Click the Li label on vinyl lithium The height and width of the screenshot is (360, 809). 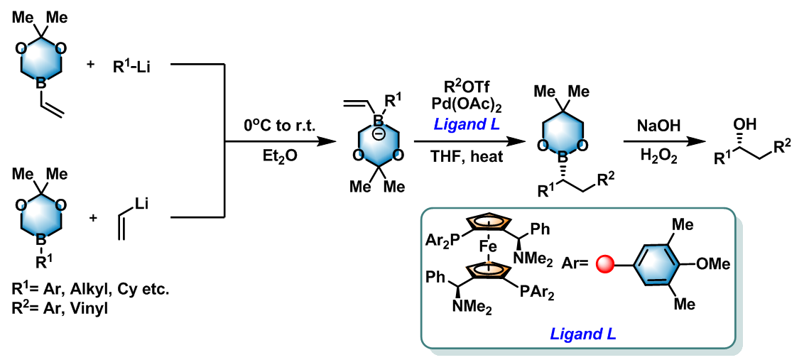point(140,204)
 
